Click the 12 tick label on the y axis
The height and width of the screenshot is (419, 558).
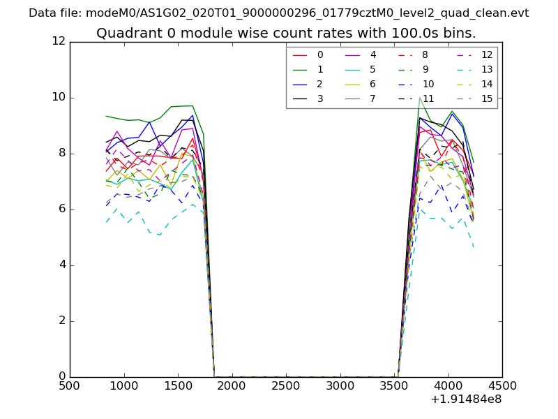click(59, 41)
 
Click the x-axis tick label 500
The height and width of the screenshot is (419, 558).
click(70, 386)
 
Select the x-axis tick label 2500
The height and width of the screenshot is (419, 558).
click(286, 386)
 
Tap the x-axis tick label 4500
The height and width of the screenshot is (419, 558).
click(502, 386)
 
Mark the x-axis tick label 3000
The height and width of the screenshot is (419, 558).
click(340, 386)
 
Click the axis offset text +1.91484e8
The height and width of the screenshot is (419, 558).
click(465, 399)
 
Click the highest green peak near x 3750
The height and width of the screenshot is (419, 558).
click(419, 97)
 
